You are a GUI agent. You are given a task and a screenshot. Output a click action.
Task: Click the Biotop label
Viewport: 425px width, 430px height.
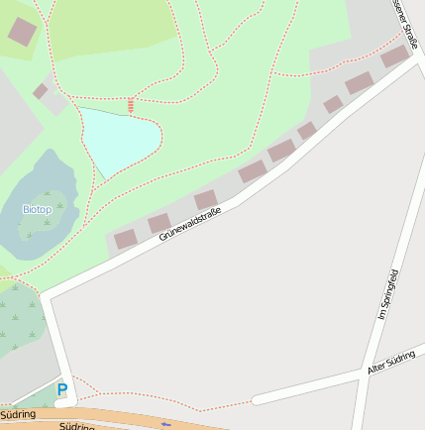(37, 209)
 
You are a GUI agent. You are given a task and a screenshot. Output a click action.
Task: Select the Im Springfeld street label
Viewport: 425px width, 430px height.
(387, 294)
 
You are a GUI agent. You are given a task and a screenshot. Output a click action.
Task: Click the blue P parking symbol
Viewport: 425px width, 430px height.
(62, 390)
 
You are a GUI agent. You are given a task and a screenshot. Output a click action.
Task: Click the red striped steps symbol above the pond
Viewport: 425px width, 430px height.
(131, 104)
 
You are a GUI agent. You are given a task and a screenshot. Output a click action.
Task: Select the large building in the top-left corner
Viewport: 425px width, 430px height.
(21, 32)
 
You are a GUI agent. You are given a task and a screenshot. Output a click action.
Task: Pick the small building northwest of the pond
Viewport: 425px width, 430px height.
(41, 91)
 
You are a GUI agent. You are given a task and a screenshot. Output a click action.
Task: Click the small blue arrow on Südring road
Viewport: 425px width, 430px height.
(166, 423)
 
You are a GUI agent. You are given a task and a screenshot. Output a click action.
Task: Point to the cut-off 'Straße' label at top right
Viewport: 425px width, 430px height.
(406, 25)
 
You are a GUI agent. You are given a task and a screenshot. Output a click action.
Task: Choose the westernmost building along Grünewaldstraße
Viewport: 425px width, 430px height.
(125, 239)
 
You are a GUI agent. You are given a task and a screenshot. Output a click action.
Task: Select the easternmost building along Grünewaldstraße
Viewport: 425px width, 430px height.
(394, 56)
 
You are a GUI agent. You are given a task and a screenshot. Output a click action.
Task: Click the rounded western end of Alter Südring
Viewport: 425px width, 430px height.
(257, 399)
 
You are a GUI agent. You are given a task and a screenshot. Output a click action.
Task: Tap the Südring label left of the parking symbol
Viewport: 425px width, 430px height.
(18, 414)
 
